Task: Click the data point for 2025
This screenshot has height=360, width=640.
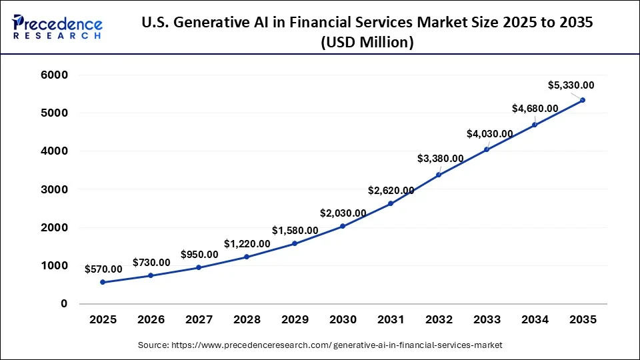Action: [x=103, y=282]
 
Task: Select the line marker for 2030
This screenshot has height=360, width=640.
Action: [x=343, y=226]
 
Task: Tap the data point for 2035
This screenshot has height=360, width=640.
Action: [x=583, y=100]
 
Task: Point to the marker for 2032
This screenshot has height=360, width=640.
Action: [x=439, y=175]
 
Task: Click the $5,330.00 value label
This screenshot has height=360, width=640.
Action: [x=571, y=85]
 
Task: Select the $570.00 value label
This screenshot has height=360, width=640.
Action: [x=103, y=269]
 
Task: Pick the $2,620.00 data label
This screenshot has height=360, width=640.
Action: [x=391, y=190]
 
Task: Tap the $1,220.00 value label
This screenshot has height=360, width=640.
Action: [x=247, y=244]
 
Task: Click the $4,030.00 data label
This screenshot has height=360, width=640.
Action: [x=489, y=133]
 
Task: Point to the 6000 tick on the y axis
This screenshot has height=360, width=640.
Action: [x=55, y=75]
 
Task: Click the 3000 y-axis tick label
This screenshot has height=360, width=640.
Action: [x=55, y=189]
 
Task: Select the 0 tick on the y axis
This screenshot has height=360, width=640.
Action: [x=64, y=304]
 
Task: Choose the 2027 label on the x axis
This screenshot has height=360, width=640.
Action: [x=199, y=320]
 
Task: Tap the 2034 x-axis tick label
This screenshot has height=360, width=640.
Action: [x=535, y=320]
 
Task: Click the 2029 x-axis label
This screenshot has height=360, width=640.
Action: [x=295, y=320]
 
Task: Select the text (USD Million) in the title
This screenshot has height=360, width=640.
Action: [x=367, y=43]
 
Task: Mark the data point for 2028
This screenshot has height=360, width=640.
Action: [x=247, y=257]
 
